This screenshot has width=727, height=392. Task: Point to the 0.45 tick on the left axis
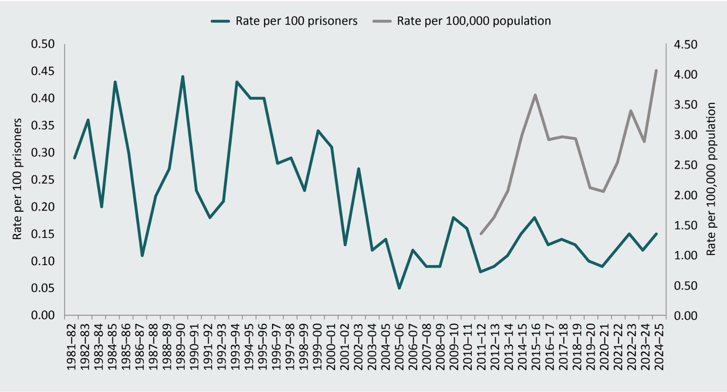click(43, 71)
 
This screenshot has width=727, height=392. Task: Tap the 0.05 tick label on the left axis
click(43, 288)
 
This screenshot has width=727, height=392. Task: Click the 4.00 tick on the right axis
click(685, 75)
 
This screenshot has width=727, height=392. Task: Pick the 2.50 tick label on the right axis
click(685, 165)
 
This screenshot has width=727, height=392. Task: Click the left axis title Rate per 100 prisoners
click(17, 179)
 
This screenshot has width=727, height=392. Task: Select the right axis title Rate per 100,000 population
click(711, 179)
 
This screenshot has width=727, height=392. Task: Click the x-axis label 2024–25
click(659, 347)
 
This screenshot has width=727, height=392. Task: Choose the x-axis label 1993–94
click(236, 347)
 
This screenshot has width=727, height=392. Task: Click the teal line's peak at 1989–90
click(183, 77)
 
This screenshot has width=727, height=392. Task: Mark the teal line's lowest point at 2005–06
click(399, 288)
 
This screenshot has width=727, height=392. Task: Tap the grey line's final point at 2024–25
click(656, 70)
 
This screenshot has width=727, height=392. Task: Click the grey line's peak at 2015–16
click(535, 95)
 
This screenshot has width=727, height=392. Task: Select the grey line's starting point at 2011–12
click(481, 234)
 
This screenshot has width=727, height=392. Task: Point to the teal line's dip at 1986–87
click(142, 256)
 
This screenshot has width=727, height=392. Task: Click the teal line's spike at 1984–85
click(115, 82)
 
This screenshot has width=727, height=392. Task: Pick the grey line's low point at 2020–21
click(603, 191)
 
